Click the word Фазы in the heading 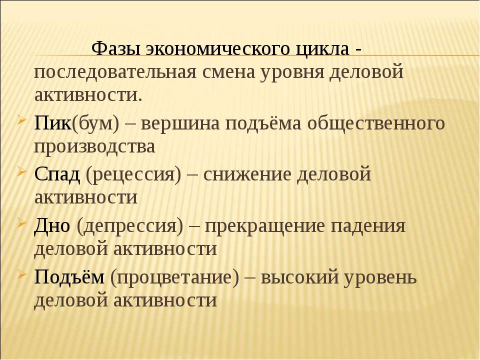(116, 48)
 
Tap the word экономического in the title (217, 48)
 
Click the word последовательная (115, 72)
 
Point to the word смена (228, 72)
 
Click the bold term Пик (52, 123)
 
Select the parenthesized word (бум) (95, 124)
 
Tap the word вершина (180, 124)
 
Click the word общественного (376, 124)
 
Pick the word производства (95, 147)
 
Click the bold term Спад (57, 174)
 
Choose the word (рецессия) (134, 175)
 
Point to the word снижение (247, 175)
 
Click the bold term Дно (52, 226)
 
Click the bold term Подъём (69, 277)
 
